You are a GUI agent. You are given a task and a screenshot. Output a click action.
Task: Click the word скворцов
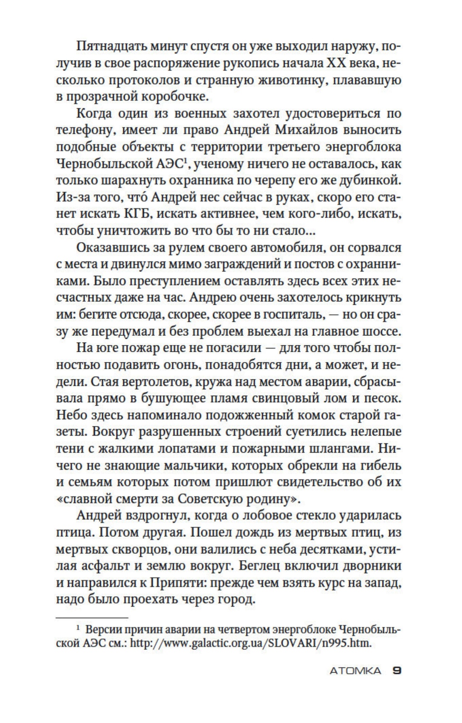point(119,549)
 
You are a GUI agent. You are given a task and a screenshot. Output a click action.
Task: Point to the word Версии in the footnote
point(102,630)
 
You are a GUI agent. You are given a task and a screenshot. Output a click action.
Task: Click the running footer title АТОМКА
point(355,671)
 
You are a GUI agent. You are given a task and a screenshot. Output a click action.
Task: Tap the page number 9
point(396,671)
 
